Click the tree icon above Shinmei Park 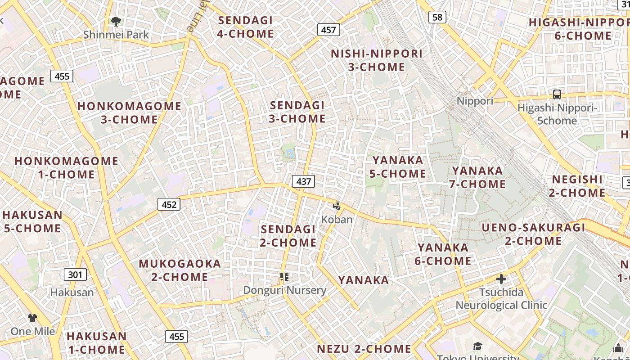click(x=116, y=21)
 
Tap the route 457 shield click(x=328, y=30)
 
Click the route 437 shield click(x=304, y=181)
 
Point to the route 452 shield click(x=169, y=205)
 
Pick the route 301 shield click(x=75, y=274)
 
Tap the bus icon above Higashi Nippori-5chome click(x=557, y=94)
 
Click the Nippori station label click(x=475, y=101)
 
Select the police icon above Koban click(x=337, y=206)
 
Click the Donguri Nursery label click(x=284, y=290)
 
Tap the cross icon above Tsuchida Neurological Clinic click(x=501, y=279)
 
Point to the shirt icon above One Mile click(x=32, y=318)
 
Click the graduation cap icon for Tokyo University click(x=477, y=346)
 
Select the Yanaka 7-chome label click(x=477, y=177)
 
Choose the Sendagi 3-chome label click(x=297, y=112)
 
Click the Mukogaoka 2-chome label click(x=180, y=270)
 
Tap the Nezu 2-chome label click(x=364, y=349)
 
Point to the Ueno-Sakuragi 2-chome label click(x=533, y=234)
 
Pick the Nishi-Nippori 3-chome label click(x=377, y=60)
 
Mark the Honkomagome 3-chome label click(x=129, y=113)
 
